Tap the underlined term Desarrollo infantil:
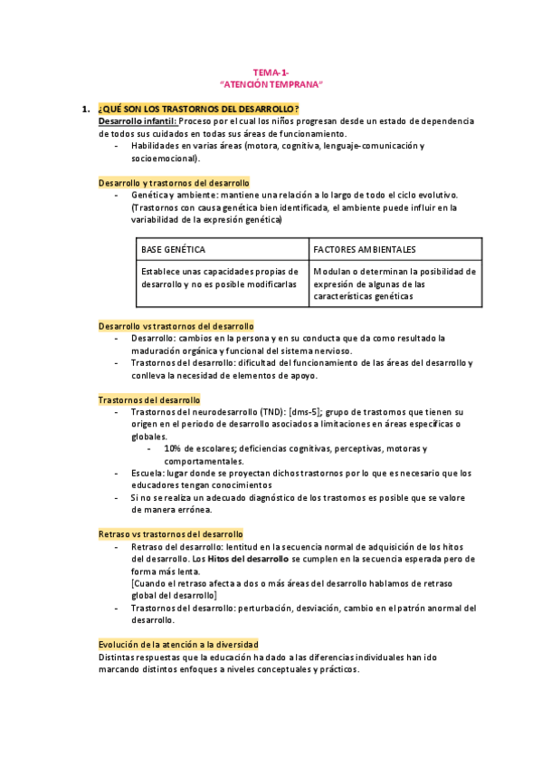pos(138,120)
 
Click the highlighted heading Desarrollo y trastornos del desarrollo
pos(174,182)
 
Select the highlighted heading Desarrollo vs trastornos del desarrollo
pos(176,325)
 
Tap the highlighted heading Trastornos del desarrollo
pos(149,399)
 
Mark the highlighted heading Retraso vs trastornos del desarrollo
pos(171,534)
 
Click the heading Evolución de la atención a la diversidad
pos(178,644)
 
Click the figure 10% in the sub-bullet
pos(174,449)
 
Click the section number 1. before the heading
pos(86,109)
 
